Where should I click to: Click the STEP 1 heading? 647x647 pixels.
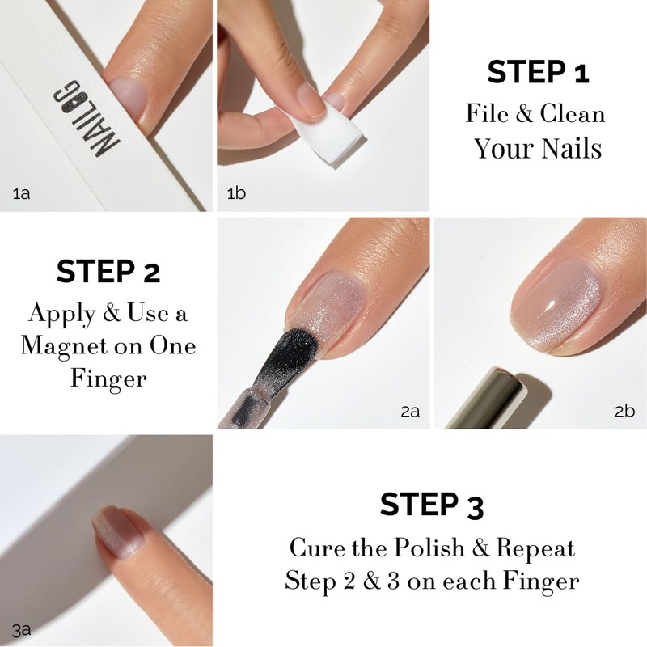click(538, 73)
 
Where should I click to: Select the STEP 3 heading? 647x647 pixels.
click(432, 505)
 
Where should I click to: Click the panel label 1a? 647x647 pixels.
click(22, 192)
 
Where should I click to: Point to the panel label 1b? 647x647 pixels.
click(236, 192)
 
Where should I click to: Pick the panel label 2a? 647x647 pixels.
click(410, 412)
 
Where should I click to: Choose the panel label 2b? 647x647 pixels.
click(624, 412)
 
